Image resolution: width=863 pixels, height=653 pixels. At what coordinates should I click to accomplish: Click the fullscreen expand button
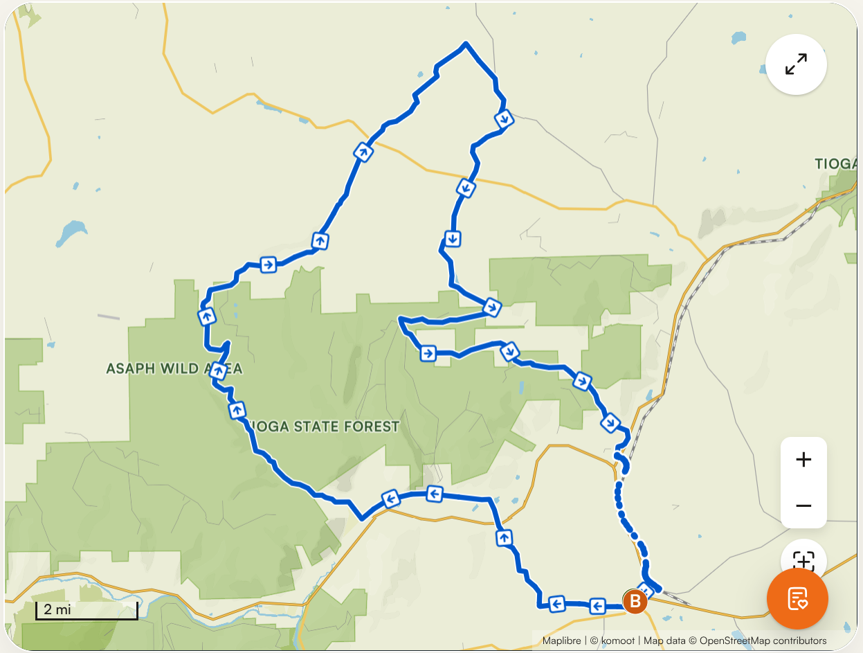point(796,64)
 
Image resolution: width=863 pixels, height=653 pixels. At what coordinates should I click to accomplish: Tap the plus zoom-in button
point(803,460)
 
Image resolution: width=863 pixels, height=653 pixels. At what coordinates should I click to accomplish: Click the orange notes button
point(797,599)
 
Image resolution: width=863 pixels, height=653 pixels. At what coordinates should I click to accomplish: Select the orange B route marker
point(635,602)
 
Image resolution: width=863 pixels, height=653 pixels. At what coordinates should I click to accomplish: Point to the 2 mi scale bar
point(87,611)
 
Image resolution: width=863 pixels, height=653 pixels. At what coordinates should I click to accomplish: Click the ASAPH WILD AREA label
point(174,368)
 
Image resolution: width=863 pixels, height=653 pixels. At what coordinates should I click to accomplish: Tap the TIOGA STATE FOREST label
point(323,426)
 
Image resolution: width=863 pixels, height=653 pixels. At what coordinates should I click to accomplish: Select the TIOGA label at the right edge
point(836,164)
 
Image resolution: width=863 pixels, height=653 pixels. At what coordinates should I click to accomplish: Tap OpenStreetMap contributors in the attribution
point(763,641)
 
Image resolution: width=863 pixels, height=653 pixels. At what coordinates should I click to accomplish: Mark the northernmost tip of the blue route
point(466,44)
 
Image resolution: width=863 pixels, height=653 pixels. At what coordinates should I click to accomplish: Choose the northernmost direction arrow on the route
point(505,118)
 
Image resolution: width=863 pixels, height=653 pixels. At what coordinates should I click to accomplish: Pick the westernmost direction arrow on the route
point(206,317)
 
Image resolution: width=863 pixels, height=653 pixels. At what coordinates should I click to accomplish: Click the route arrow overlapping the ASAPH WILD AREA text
point(219,370)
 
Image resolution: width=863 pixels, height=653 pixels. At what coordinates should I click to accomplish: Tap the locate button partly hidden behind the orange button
point(803,558)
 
